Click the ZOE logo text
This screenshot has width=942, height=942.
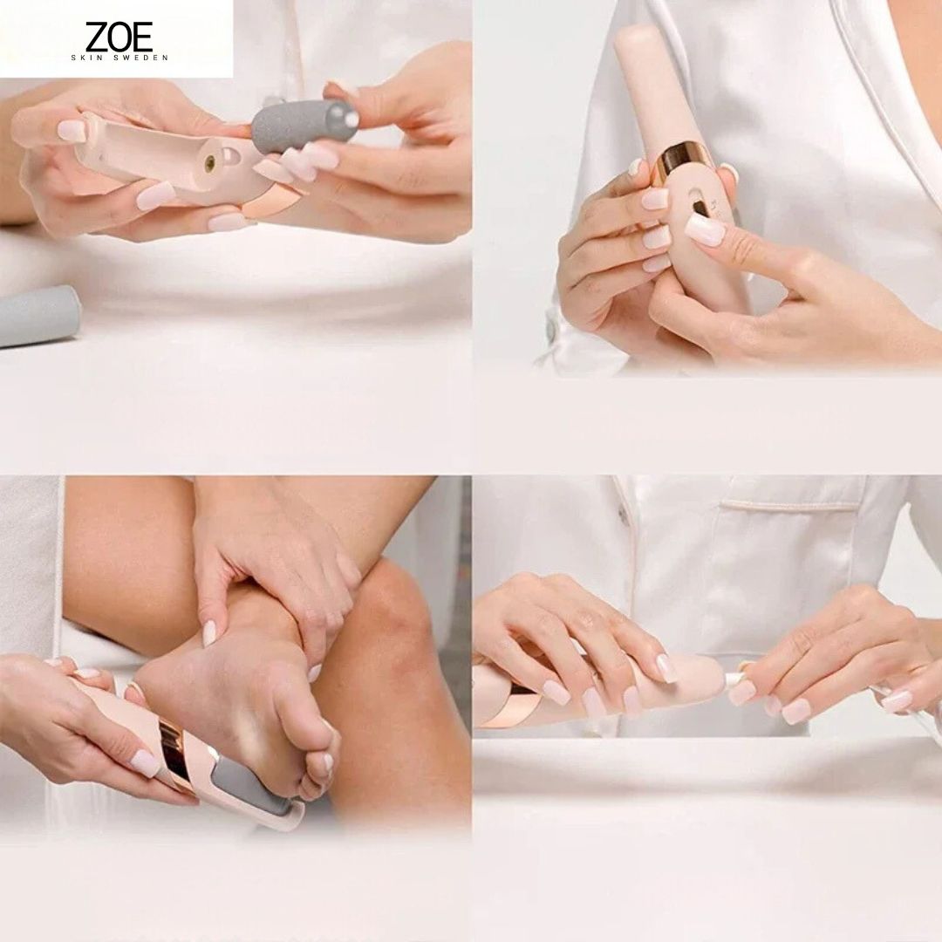(119, 37)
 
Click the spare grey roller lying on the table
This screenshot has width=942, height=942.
(39, 316)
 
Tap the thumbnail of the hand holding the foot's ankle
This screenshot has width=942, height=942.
(209, 633)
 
